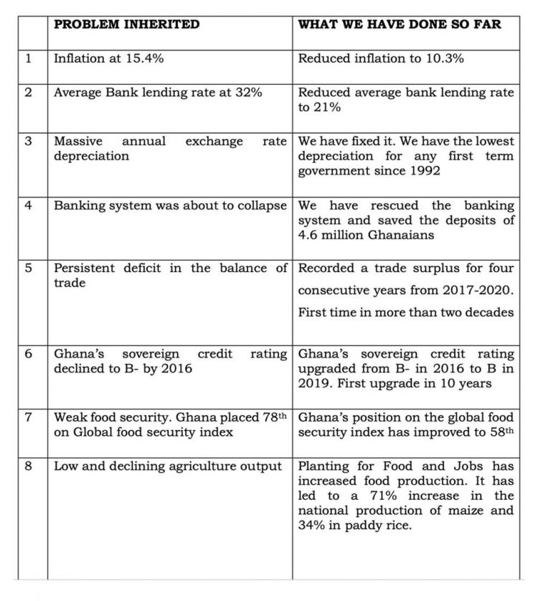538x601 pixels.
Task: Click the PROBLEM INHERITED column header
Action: [x=127, y=24]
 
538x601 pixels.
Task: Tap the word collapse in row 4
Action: [x=260, y=205]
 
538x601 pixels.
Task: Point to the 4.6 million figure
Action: [x=328, y=235]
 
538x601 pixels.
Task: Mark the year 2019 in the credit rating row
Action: [x=315, y=383]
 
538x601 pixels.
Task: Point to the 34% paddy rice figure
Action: [x=312, y=525]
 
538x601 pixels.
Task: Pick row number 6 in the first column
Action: [x=29, y=355]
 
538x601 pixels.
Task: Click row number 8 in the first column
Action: [x=29, y=467]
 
